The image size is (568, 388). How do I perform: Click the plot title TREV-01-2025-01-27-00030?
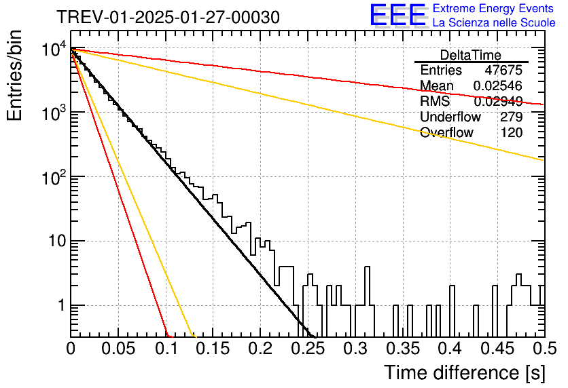click(x=168, y=17)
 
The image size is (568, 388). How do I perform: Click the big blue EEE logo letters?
click(x=397, y=15)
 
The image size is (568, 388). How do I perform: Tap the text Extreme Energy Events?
click(x=493, y=8)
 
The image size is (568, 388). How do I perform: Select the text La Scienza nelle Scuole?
click(x=494, y=22)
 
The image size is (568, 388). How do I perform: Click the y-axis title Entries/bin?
click(x=14, y=75)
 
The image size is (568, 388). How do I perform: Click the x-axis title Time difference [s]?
click(x=465, y=372)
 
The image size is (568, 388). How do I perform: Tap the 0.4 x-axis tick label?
click(x=450, y=349)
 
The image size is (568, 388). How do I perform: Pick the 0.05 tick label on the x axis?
click(x=118, y=349)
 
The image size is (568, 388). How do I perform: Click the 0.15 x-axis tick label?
click(x=213, y=349)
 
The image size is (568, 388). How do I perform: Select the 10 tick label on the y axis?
click(x=58, y=241)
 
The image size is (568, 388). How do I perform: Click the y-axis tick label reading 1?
click(x=62, y=305)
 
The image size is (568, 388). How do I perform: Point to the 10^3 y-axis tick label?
click(x=54, y=113)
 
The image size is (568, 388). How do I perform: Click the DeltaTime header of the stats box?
click(x=471, y=55)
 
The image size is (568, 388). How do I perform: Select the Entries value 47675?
click(x=503, y=70)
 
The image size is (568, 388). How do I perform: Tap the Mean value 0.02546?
click(x=498, y=85)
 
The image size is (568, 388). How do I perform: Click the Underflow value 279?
click(x=512, y=117)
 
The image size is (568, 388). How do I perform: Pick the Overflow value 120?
click(x=512, y=132)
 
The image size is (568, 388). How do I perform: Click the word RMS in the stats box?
click(x=435, y=101)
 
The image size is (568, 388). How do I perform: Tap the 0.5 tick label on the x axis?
click(x=545, y=349)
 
